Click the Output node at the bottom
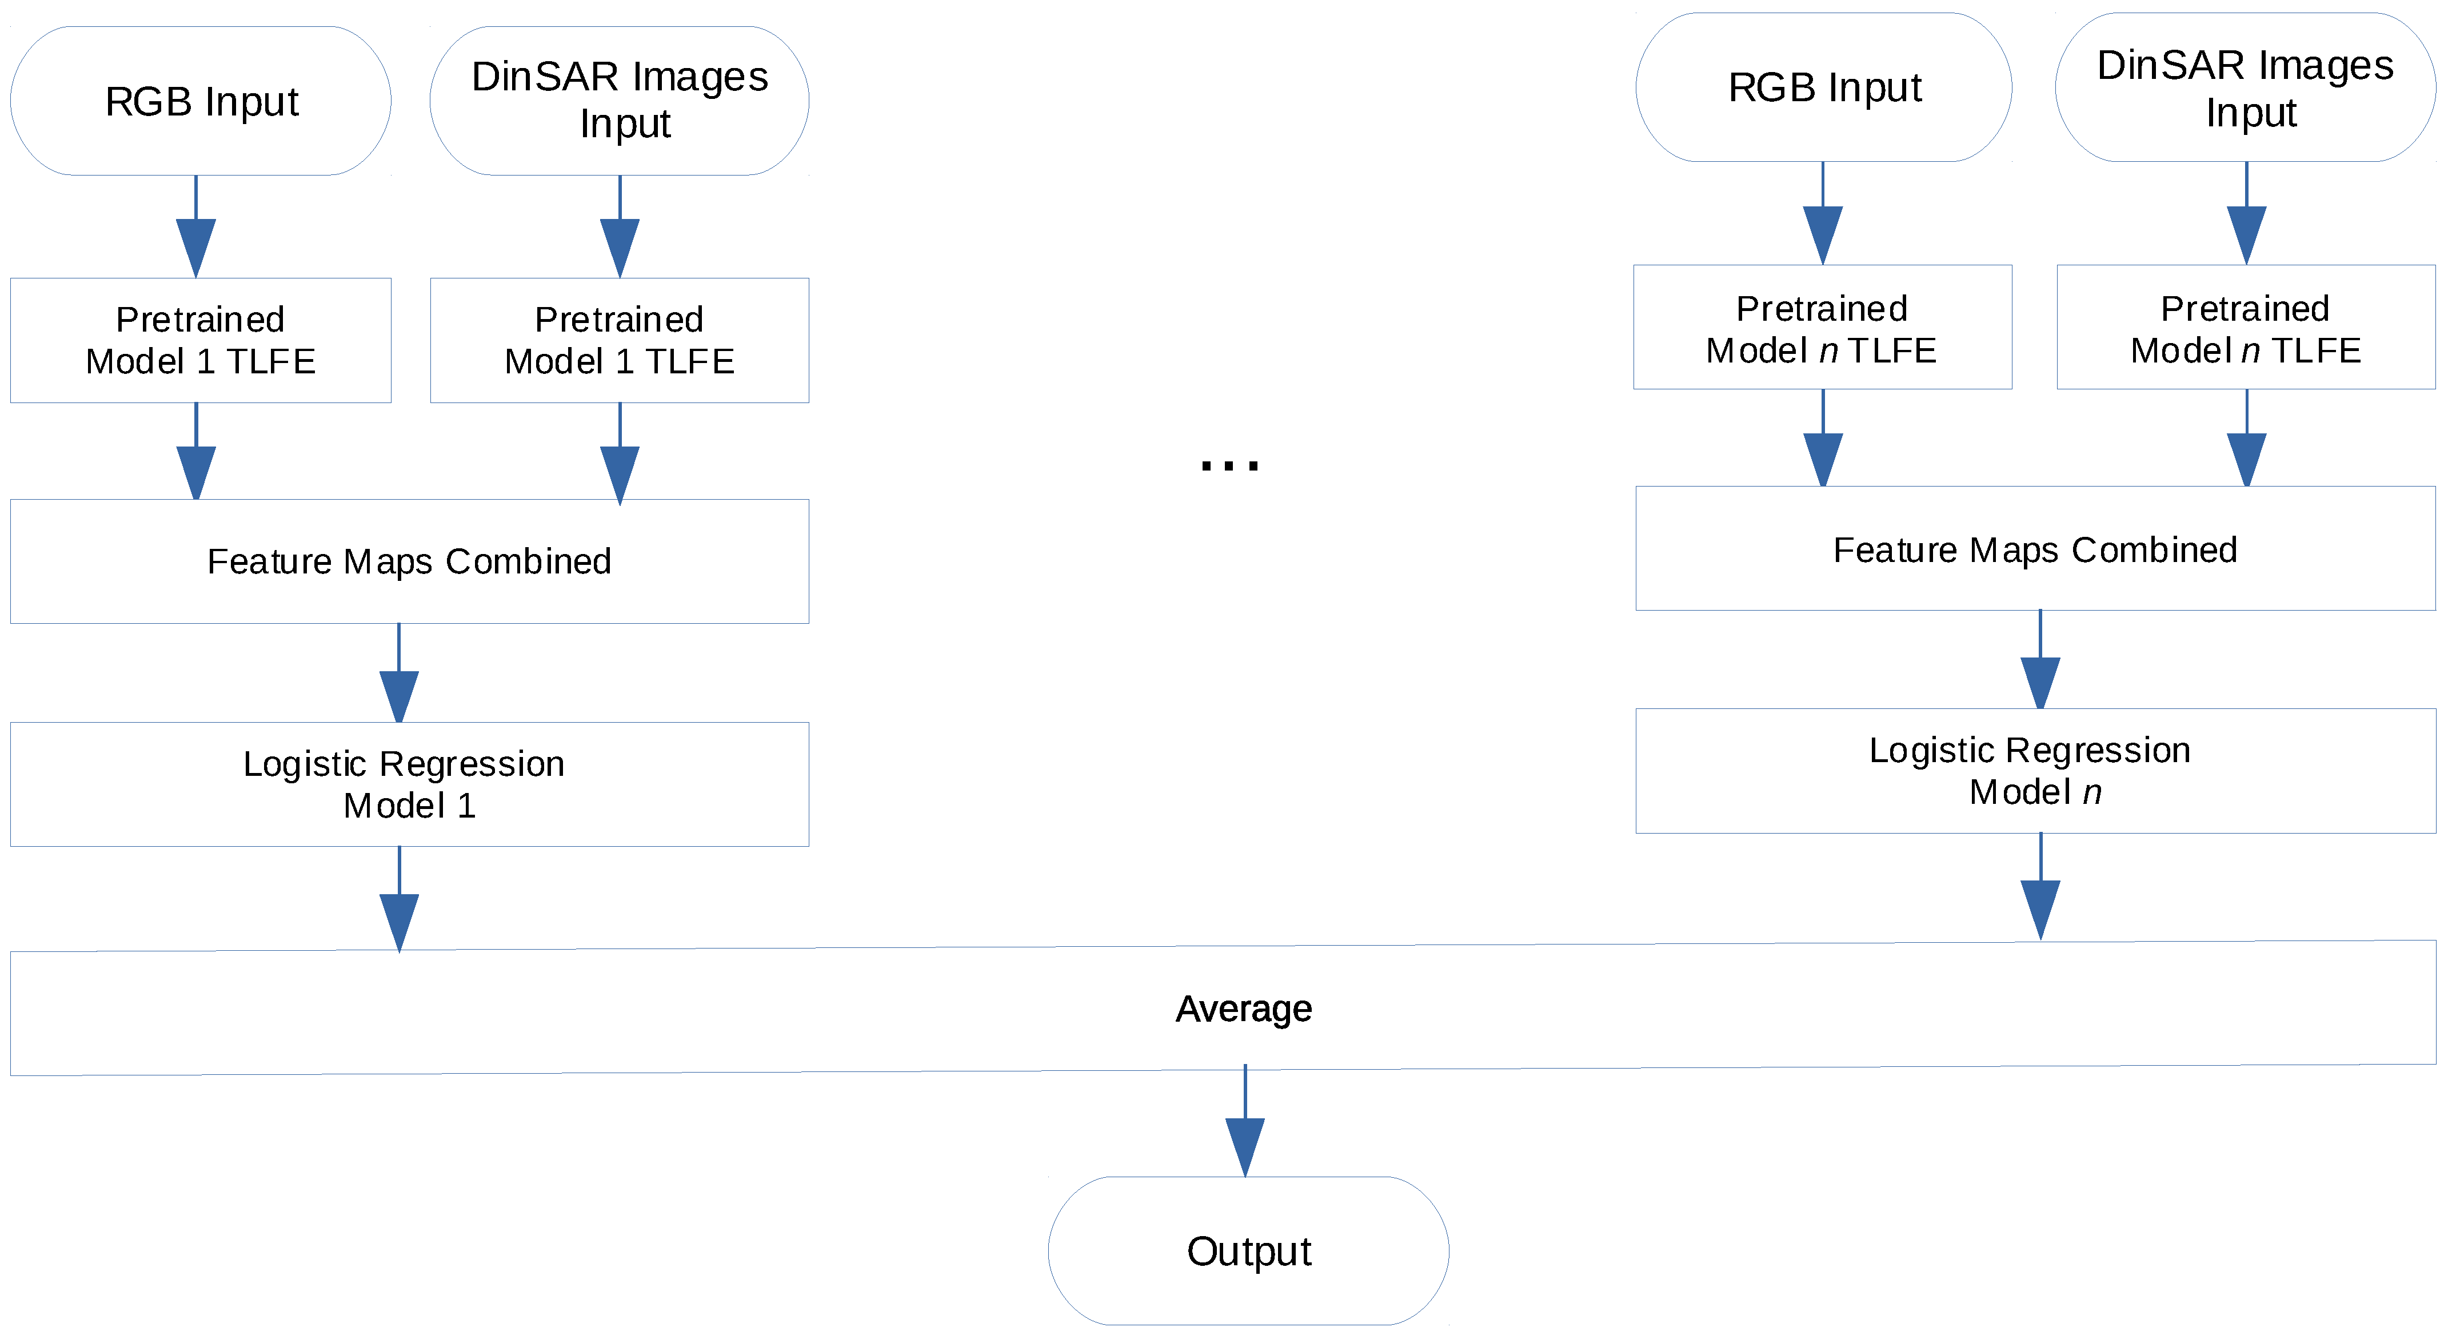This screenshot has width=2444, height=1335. (1248, 1250)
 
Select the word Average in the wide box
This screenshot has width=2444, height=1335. (1243, 1009)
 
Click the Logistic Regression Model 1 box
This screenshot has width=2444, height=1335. (409, 784)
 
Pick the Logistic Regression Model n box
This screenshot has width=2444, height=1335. (2035, 771)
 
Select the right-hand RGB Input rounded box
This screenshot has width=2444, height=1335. (1823, 87)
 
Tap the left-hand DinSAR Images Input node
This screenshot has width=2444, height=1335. (620, 101)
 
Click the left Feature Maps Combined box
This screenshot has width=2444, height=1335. (409, 561)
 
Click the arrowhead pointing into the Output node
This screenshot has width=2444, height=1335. (1245, 1146)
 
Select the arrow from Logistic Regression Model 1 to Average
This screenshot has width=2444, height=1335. (400, 902)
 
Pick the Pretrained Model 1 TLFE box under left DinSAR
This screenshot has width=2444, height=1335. (620, 341)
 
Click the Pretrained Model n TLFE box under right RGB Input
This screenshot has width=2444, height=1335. (1822, 328)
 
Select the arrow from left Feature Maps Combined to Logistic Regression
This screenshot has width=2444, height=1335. (400, 676)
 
